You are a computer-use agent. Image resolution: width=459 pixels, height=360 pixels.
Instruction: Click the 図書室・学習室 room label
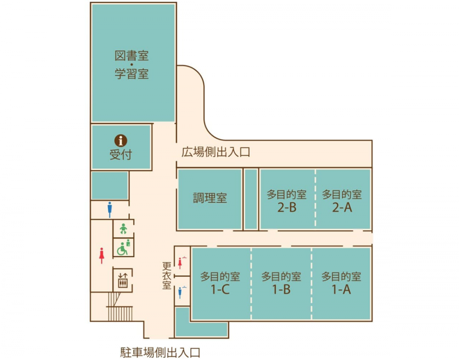tap(132, 65)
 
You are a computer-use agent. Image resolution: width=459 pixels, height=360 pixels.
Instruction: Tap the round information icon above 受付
tap(120, 140)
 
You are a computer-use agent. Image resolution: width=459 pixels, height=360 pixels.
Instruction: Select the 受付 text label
tap(120, 155)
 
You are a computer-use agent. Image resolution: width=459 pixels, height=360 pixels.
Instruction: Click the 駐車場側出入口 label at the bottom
tap(161, 352)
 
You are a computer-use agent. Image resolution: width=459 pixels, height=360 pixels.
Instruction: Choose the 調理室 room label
tap(210, 199)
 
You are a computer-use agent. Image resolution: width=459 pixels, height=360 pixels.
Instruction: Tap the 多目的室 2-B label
tap(287, 201)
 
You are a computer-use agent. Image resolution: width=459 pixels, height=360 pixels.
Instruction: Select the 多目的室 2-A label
tap(342, 201)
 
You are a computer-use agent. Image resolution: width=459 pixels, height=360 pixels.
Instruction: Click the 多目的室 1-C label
tap(220, 283)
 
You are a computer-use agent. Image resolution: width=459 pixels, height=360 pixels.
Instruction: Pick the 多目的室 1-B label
tap(281, 283)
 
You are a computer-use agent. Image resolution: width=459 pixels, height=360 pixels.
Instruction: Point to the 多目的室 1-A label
tap(341, 283)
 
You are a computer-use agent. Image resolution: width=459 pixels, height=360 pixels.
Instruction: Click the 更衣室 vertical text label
tap(166, 275)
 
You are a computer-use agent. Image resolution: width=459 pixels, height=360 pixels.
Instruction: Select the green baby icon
tap(123, 228)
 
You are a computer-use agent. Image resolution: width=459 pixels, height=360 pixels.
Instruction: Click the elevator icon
tap(123, 279)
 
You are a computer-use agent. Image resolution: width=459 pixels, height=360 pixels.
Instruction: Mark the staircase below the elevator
tap(119, 307)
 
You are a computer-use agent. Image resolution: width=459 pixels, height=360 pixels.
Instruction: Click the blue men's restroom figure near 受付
tap(109, 210)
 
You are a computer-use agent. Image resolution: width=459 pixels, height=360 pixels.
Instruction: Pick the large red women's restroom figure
tap(101, 255)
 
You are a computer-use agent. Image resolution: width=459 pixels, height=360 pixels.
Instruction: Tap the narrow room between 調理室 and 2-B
tap(251, 199)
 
